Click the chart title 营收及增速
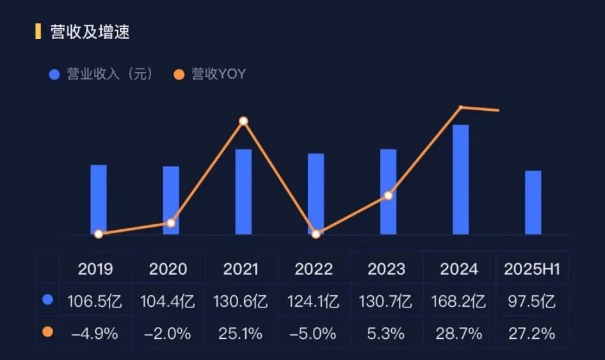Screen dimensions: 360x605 (90, 32)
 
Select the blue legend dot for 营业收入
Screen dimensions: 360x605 (54, 74)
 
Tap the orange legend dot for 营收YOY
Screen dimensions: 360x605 (179, 74)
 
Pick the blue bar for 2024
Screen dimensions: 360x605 (460, 179)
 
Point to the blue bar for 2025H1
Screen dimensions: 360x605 (533, 202)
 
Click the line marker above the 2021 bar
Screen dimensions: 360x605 (243, 121)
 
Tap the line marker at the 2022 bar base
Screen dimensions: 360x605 (316, 234)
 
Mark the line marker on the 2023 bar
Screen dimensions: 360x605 (388, 195)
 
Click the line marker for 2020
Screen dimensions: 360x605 (171, 223)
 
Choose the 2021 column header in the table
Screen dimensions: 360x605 (241, 269)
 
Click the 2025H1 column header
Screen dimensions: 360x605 (532, 269)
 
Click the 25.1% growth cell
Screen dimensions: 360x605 (241, 334)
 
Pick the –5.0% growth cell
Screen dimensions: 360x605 (314, 334)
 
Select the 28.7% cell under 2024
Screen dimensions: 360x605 (459, 334)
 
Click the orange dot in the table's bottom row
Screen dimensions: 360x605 (47, 333)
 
